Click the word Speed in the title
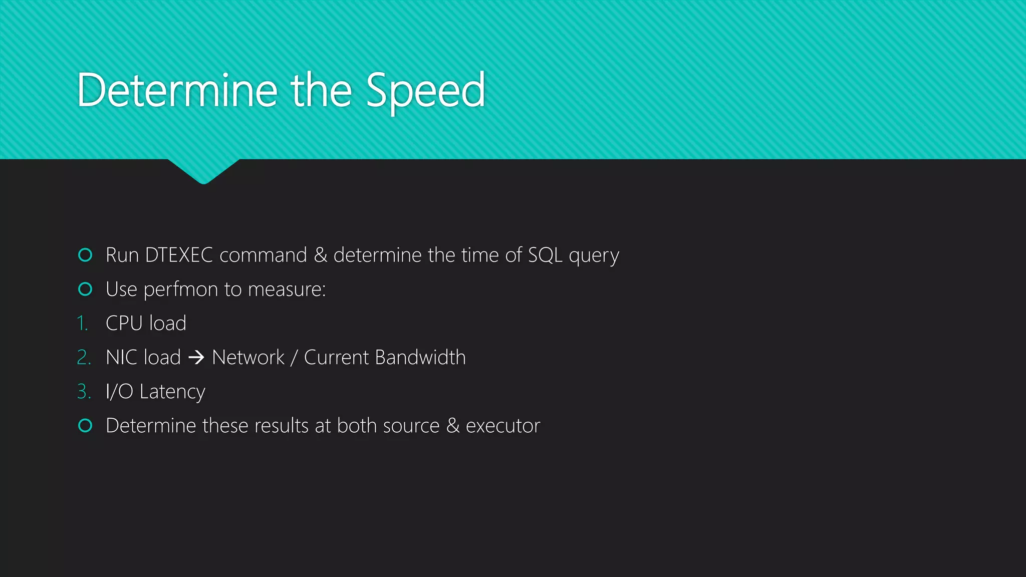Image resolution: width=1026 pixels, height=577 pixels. coord(425,91)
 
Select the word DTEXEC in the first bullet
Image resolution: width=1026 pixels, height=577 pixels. coord(179,255)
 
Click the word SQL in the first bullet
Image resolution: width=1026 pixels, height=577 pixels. coord(546,255)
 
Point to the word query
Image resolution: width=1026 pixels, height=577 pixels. coord(594,256)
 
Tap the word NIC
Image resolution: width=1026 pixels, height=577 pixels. coord(121,358)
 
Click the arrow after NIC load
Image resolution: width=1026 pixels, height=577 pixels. coord(196,358)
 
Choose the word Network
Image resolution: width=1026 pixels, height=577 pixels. coord(248,358)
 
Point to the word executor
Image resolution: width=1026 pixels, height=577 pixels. coord(503,426)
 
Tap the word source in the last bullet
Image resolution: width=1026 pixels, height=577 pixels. coord(411,426)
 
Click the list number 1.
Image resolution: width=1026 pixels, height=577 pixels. coord(83,324)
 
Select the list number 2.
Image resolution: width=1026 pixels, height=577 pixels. coord(84,358)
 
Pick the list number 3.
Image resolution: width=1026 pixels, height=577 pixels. coord(84,392)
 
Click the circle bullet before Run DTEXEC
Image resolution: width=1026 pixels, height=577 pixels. coord(86,255)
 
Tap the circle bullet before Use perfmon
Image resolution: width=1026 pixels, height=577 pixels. coord(86,289)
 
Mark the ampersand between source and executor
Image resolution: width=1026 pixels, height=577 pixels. coord(453,426)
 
